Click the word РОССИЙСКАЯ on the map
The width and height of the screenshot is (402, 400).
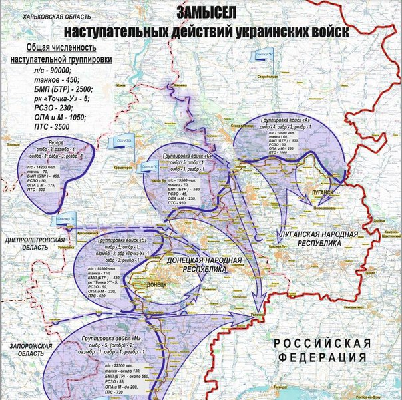pos(322,343)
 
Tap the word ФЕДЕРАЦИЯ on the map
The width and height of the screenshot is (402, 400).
pos(321,358)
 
